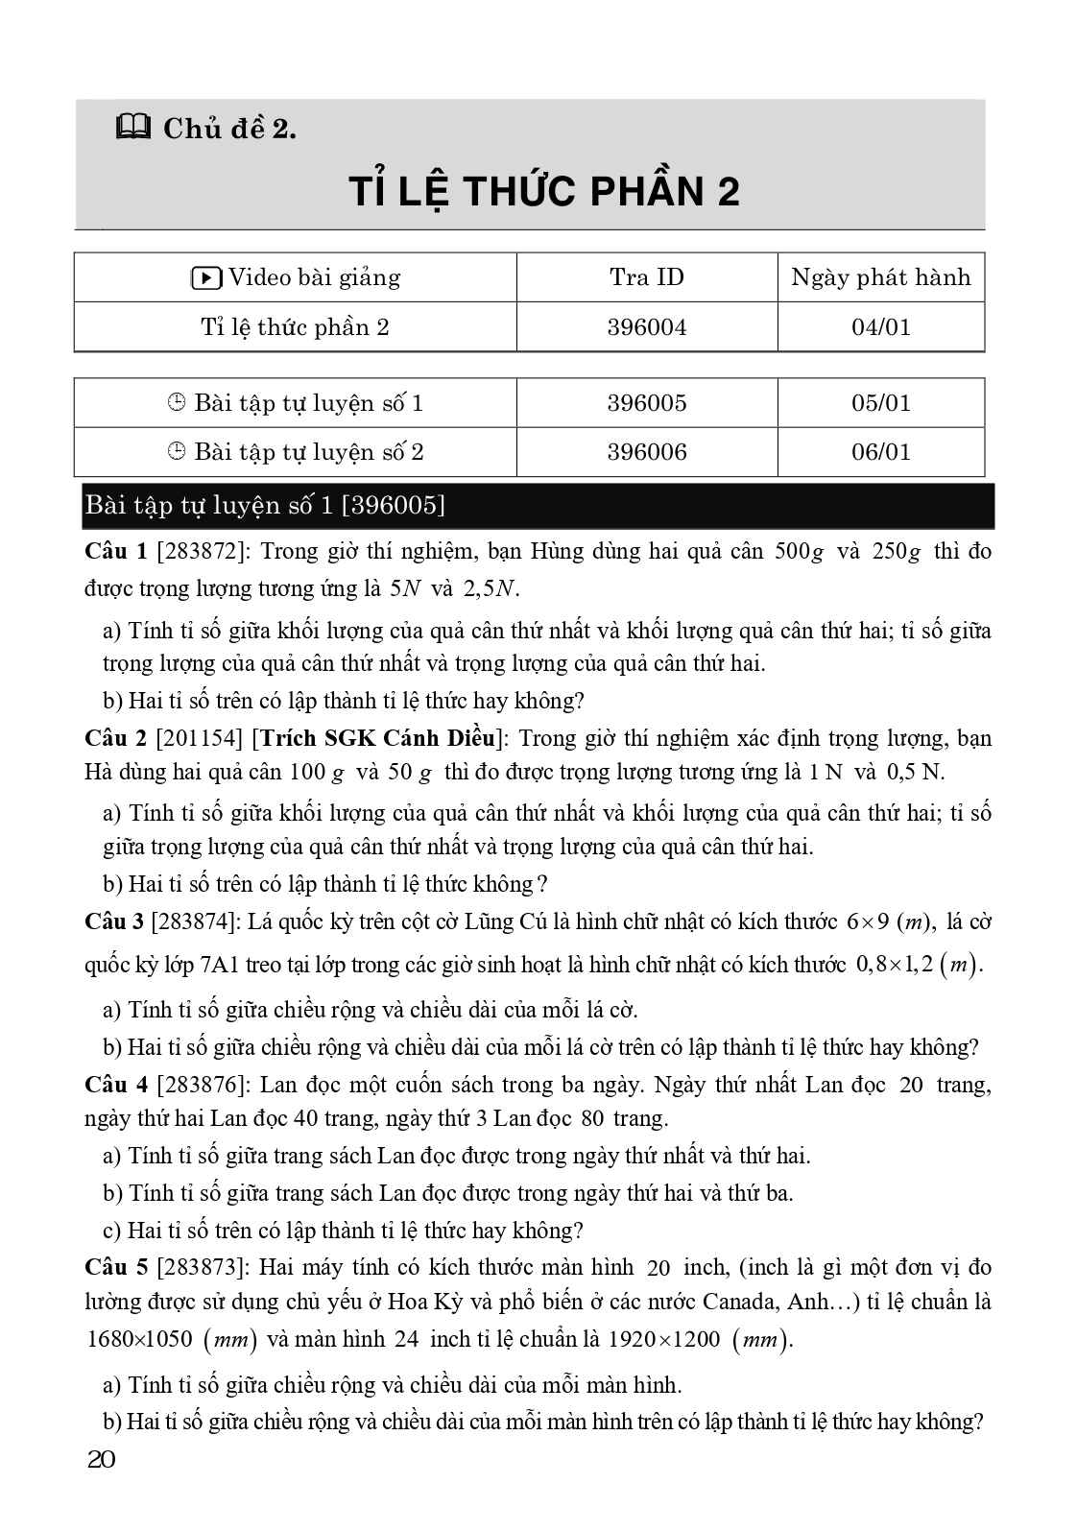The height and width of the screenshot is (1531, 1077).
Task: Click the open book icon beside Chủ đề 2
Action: point(132,127)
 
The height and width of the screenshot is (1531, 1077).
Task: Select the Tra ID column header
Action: point(646,277)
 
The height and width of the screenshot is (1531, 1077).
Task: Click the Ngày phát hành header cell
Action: point(880,277)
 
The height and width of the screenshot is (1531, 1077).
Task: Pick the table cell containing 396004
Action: point(646,327)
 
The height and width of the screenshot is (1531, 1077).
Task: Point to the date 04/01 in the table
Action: point(880,327)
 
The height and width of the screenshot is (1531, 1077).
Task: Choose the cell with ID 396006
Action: point(646,452)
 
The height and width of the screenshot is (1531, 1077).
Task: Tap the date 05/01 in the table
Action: point(880,402)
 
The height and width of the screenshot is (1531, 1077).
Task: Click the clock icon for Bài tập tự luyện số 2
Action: point(176,452)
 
